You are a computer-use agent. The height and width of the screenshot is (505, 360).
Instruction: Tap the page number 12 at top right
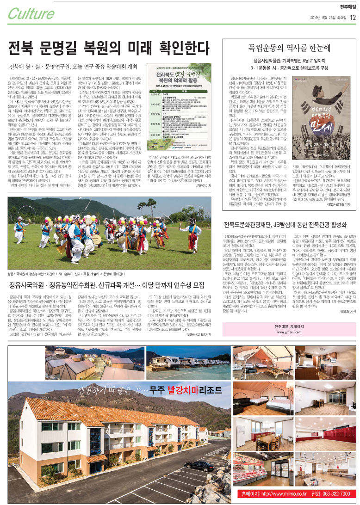click(x=353, y=18)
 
